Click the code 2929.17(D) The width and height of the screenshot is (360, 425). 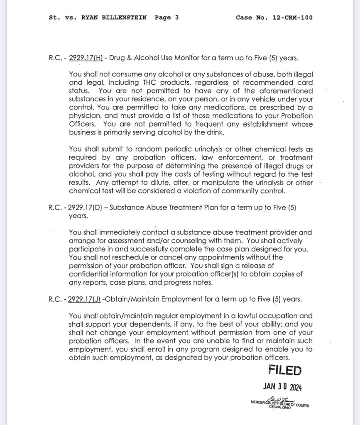coord(86,207)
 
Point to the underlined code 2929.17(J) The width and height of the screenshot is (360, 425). coord(85,299)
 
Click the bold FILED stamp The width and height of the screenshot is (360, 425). coord(285,370)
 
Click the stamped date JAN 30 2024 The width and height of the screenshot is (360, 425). coord(282,386)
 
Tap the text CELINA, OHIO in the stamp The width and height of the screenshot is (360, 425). coord(280,408)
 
